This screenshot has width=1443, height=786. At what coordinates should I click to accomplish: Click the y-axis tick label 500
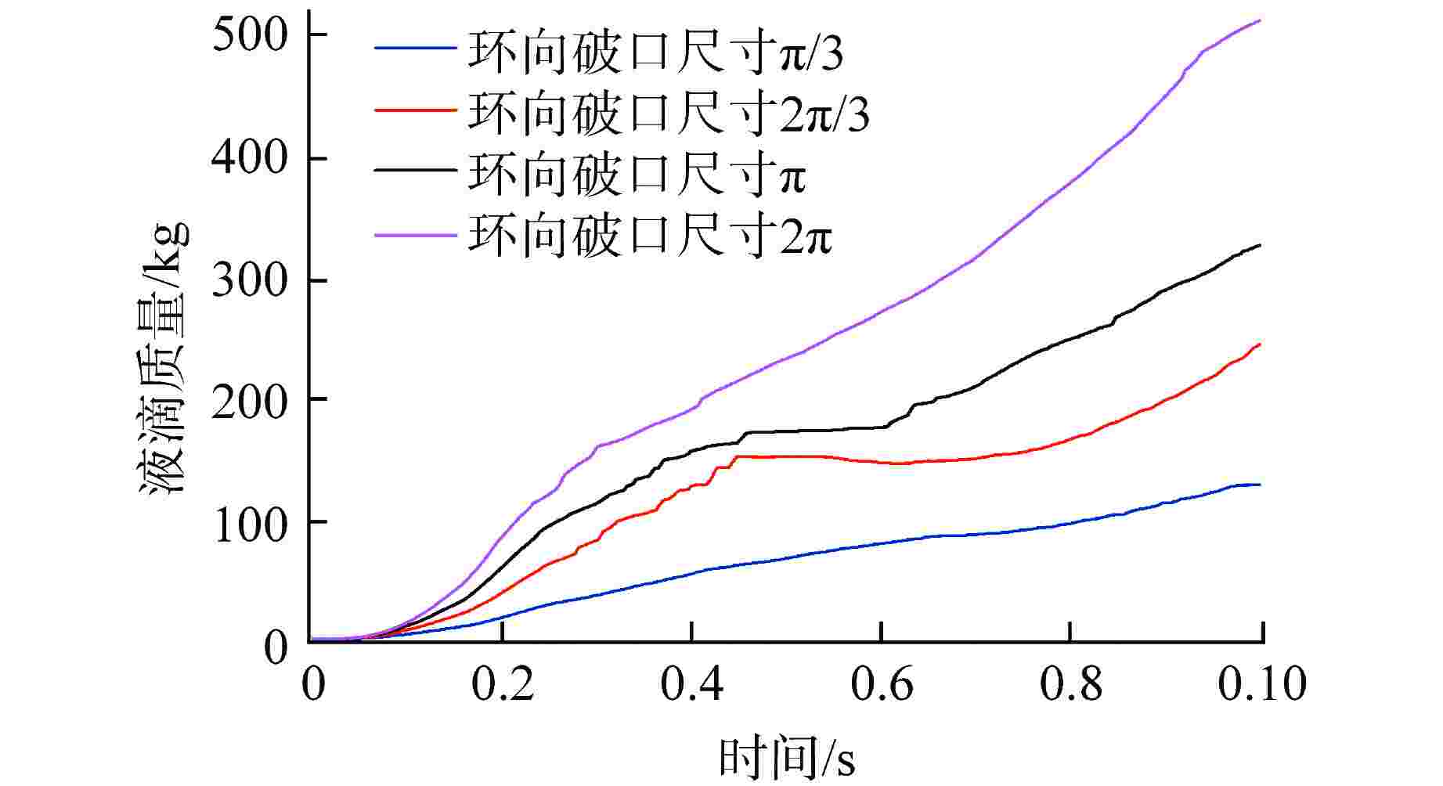[x=248, y=36]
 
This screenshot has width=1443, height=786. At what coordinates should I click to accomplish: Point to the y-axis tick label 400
[x=248, y=159]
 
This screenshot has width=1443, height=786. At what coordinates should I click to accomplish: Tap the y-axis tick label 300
[x=248, y=280]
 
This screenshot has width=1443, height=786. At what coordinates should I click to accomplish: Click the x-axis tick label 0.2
[x=503, y=684]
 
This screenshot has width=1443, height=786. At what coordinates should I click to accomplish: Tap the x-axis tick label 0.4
[x=692, y=684]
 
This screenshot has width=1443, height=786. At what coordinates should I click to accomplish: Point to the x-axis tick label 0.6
[x=882, y=684]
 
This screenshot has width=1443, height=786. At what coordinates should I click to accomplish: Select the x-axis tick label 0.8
[x=1071, y=684]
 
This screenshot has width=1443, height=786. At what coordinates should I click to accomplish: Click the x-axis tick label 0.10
[x=1262, y=684]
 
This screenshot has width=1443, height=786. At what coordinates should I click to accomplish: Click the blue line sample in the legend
[x=415, y=49]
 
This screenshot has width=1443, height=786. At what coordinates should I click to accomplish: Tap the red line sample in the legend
[x=415, y=110]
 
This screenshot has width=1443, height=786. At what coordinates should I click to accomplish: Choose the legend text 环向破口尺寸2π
[x=650, y=234]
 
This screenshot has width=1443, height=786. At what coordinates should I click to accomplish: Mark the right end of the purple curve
[x=1261, y=20]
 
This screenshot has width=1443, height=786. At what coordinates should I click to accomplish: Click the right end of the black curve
[x=1261, y=245]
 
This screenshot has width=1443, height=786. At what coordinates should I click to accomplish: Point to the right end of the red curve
[x=1261, y=344]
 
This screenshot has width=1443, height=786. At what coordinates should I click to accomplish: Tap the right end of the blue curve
[x=1261, y=485]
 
